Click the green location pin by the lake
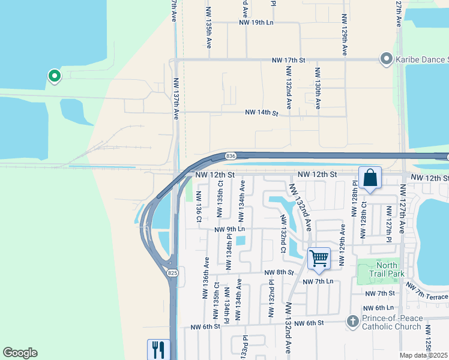pos(54,76)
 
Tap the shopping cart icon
pos(319,259)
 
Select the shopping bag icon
pos(370,178)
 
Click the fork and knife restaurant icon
pos(158,349)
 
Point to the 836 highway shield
pos(231,156)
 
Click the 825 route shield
pos(173,273)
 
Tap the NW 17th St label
pos(289,60)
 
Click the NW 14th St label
pos(262,113)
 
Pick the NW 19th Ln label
pos(256,23)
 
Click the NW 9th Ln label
pos(230,229)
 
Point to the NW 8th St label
pos(279,272)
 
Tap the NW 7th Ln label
pos(318,281)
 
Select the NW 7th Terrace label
pos(427,295)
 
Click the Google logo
pos(20,353)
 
